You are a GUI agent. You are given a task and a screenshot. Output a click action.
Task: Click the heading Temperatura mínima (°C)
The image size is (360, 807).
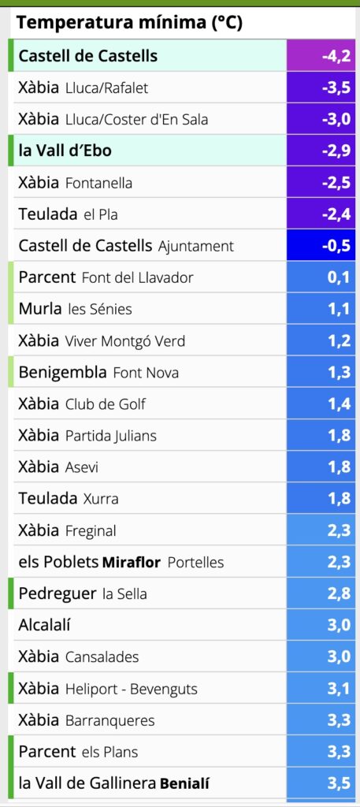point(129,23)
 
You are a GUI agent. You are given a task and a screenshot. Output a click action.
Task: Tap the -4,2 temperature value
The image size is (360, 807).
point(336,56)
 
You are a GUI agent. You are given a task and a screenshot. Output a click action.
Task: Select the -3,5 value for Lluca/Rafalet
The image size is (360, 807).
point(336,87)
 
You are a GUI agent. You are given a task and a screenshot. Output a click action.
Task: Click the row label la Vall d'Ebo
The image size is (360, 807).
point(65,151)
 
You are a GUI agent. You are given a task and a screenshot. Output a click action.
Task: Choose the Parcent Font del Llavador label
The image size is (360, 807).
point(106,277)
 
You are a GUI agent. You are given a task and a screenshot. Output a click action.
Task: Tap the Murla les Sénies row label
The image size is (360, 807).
point(75,309)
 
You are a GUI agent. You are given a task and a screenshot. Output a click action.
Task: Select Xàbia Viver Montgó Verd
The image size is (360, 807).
point(102,340)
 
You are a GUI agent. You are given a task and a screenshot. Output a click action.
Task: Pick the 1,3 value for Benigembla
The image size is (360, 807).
point(339,372)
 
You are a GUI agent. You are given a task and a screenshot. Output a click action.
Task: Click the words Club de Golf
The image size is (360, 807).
point(106,404)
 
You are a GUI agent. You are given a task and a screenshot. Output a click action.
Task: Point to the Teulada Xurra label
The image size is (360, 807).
point(69,499)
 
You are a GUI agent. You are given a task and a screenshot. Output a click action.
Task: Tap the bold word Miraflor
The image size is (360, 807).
point(132,562)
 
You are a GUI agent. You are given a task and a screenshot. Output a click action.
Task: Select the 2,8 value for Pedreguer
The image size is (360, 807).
point(339,593)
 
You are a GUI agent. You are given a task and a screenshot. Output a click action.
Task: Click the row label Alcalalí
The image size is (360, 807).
point(44,625)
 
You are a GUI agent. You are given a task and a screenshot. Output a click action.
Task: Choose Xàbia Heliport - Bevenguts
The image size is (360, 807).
point(108,689)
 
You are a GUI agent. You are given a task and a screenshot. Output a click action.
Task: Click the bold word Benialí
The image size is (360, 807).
point(184,783)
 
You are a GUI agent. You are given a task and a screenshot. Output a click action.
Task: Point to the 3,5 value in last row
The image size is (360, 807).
point(339,783)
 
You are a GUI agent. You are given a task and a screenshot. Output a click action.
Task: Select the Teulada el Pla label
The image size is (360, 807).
point(68,214)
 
